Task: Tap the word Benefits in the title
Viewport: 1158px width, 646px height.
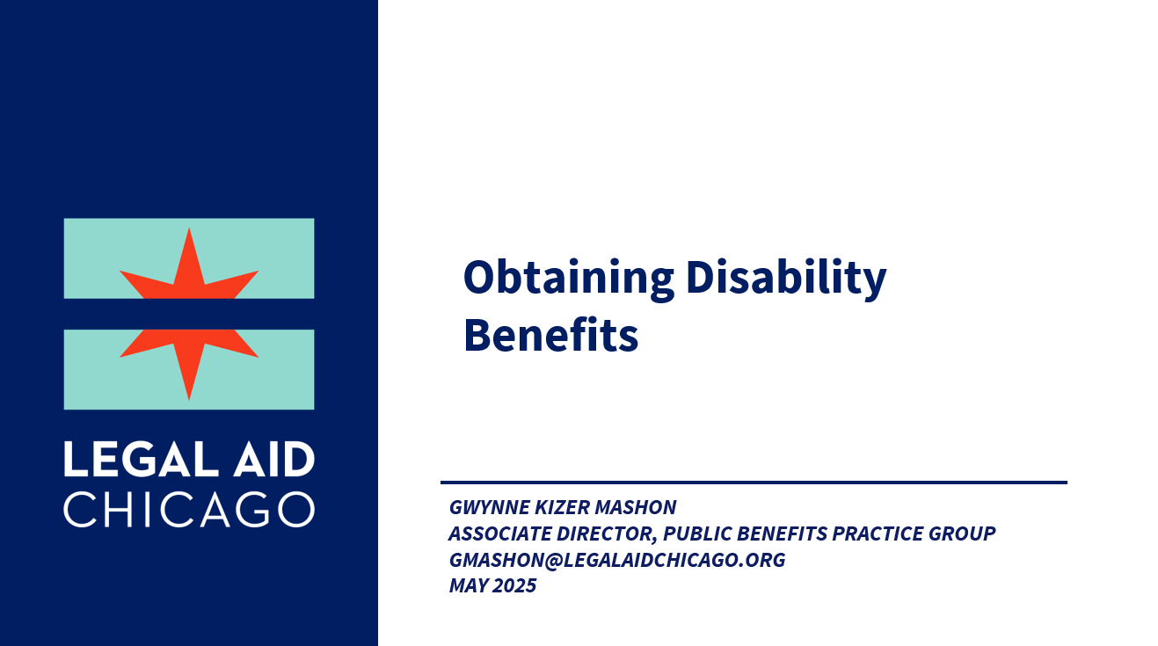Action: (551, 335)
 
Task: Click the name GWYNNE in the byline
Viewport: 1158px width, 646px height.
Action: (489, 507)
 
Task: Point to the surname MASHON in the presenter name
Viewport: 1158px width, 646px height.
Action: (636, 507)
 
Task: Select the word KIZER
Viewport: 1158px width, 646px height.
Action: (562, 507)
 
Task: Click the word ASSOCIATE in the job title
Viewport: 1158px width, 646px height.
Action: (500, 533)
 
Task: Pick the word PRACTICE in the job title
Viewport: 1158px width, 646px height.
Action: (878, 533)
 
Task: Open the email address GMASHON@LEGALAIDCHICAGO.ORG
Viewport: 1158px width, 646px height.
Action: (617, 560)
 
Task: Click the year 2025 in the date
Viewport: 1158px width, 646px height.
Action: (514, 585)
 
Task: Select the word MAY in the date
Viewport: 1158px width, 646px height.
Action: (469, 585)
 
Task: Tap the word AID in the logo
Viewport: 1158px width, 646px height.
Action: (273, 459)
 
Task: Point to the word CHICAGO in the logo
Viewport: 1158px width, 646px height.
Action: (189, 510)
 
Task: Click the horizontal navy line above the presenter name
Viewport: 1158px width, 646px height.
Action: (754, 483)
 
